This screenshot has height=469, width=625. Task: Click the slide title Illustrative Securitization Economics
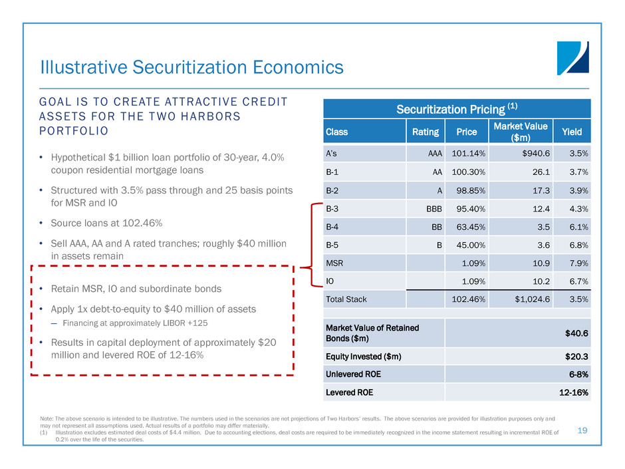click(x=191, y=67)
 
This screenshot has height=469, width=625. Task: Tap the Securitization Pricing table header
click(x=456, y=108)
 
